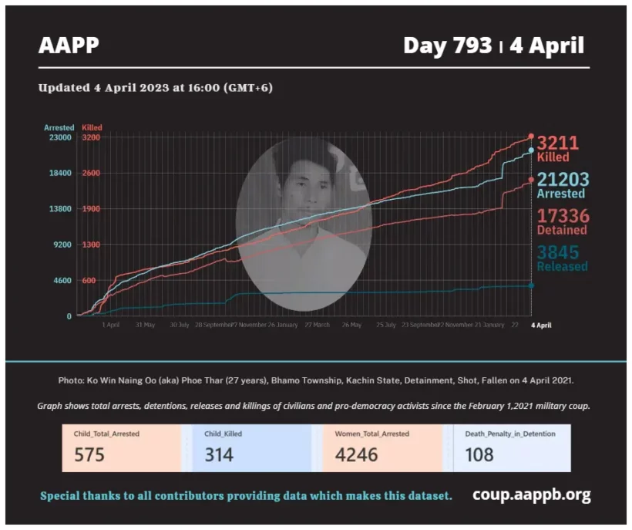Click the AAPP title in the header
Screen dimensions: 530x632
coord(69,46)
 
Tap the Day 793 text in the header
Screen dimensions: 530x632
coord(447,46)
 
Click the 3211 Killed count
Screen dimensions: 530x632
coord(557,143)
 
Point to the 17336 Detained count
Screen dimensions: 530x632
coord(562,216)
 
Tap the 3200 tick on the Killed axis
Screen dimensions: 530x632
coord(90,137)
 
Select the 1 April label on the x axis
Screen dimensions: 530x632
coord(110,325)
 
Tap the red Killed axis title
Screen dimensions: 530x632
coord(92,127)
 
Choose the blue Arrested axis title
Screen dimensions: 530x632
coord(59,127)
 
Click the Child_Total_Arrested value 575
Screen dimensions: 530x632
coord(89,454)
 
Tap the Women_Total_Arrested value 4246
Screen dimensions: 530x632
coord(356,454)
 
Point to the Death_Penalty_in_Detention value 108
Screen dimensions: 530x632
coord(479,454)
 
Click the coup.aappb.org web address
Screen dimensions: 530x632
coord(531,495)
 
